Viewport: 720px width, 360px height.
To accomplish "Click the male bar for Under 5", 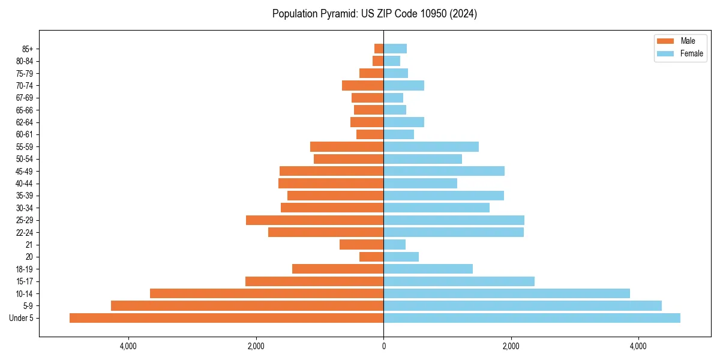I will (226, 318).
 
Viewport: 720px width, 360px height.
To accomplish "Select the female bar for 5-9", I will (523, 305).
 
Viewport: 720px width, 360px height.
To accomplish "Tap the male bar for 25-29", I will (314, 220).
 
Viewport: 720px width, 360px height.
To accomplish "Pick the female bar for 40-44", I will (420, 184).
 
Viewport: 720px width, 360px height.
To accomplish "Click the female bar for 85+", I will (395, 49).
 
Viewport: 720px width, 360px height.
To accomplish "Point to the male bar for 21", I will (361, 245).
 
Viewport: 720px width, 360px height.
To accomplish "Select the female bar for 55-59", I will (431, 147).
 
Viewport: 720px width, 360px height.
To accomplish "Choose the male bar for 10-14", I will (266, 293).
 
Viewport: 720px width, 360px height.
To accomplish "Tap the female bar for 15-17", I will (459, 281).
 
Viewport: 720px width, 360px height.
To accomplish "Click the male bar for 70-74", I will (362, 86).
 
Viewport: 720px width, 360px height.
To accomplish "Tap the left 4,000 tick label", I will (128, 346).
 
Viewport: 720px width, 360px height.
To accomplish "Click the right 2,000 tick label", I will (511, 346).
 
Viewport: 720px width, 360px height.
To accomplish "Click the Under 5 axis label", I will (21, 318).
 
